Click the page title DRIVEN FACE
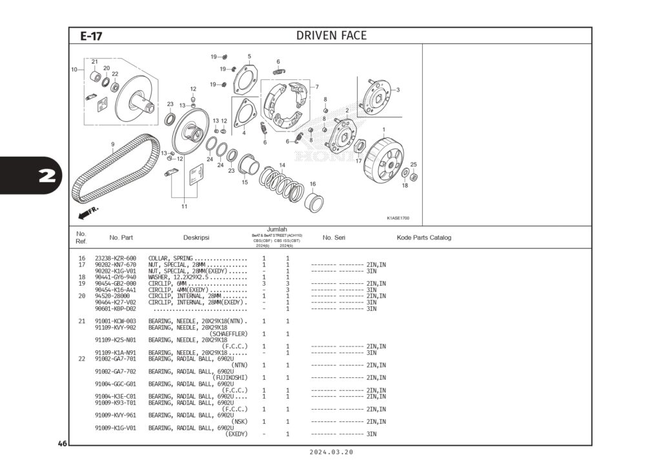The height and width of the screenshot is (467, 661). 331,35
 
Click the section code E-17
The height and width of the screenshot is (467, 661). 91,37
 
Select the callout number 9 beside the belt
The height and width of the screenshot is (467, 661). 112,144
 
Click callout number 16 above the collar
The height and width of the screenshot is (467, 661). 312,184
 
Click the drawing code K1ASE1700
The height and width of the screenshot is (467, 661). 398,218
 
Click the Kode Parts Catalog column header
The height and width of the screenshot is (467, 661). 423,237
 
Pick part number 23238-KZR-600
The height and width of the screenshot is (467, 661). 116,258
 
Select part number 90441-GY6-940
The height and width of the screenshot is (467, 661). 116,277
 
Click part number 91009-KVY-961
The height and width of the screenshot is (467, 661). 116,415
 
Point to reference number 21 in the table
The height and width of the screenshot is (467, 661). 82,321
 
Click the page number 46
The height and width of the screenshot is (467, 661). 62,444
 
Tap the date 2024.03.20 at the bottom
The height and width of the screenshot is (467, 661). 331,453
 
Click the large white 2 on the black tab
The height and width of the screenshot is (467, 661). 46,175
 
